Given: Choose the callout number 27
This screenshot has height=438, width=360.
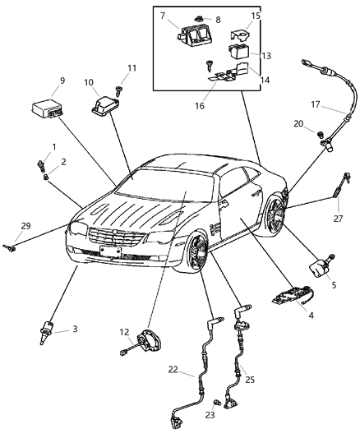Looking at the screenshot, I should click(337, 219).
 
